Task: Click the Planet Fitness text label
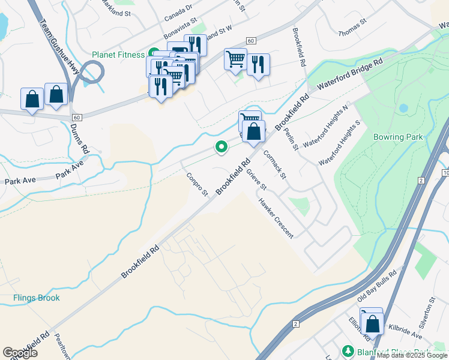pos(119,55)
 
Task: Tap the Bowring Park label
pos(398,137)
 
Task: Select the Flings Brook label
pos(37,298)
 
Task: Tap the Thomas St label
pos(352,26)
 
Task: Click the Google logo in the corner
pos(20,353)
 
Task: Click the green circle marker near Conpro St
pos(221,146)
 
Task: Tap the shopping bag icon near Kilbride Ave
pos(372,325)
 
